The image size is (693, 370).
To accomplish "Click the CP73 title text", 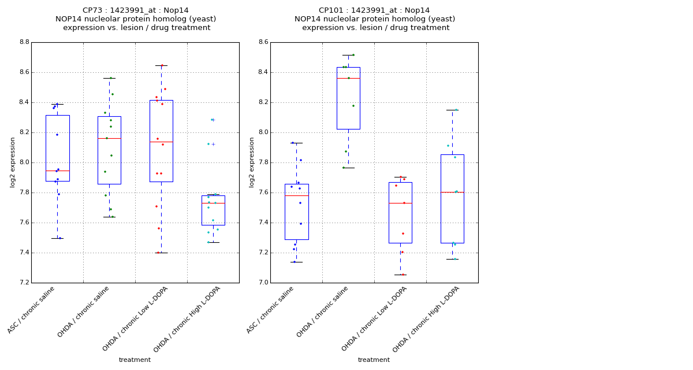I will [x=136, y=10].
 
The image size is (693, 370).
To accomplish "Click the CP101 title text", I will [x=374, y=10].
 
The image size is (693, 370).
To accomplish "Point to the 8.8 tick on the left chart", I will [x=24, y=42].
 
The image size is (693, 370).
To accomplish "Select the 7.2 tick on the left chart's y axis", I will [x=24, y=283].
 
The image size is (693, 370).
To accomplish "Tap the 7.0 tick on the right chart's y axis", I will [x=263, y=283].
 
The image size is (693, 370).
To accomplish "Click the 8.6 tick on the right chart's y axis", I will [x=263, y=42].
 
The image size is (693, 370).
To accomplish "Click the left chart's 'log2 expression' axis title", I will [x=13, y=162].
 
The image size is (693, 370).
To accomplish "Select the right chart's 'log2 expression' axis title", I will [x=252, y=162].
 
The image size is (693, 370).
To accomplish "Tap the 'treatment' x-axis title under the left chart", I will [x=135, y=360].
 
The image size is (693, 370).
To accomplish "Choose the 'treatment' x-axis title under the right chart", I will [x=374, y=360].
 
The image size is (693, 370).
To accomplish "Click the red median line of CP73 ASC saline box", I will [x=57, y=171].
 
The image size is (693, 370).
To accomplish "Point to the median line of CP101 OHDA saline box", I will [x=348, y=78].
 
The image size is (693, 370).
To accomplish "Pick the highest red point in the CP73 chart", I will [x=162, y=65].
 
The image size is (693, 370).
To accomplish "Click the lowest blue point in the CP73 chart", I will [x=59, y=238].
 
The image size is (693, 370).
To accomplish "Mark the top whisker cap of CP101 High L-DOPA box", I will [x=452, y=110].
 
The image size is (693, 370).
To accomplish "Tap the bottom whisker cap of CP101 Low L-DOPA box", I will [x=400, y=275].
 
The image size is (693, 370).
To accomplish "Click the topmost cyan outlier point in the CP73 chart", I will [x=212, y=120].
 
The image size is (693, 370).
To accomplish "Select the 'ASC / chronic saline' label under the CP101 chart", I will [x=271, y=310].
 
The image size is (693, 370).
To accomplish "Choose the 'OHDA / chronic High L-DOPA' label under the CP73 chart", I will [x=187, y=319].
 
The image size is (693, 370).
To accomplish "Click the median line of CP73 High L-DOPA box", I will [x=213, y=203].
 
